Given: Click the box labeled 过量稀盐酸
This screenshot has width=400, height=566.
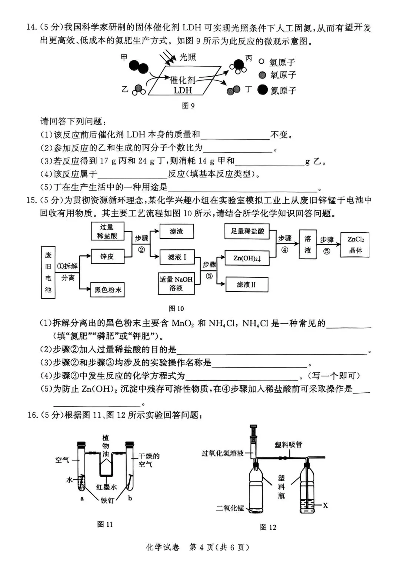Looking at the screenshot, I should pyautogui.click(x=107, y=231).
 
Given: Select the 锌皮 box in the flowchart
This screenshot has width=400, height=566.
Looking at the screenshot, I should pyautogui.click(x=107, y=256).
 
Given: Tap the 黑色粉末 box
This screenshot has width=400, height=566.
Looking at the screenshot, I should pyautogui.click(x=107, y=290).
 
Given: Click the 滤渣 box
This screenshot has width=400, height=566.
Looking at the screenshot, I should pyautogui.click(x=176, y=231).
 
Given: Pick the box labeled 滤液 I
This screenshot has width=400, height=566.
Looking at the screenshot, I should pyautogui.click(x=177, y=257).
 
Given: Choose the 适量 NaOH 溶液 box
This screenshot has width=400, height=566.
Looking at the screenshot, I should pyautogui.click(x=176, y=283).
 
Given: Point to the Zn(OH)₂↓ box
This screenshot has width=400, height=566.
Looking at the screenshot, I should pyautogui.click(x=247, y=258).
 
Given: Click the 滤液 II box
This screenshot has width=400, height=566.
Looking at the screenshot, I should pyautogui.click(x=246, y=284).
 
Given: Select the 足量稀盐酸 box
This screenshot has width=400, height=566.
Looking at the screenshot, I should pyautogui.click(x=247, y=231).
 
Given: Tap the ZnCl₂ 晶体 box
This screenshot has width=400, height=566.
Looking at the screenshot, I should pyautogui.click(x=356, y=245).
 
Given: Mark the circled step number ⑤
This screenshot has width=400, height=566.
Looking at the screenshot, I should pyautogui.click(x=327, y=251).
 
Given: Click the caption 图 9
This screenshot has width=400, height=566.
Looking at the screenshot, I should pyautogui.click(x=188, y=106).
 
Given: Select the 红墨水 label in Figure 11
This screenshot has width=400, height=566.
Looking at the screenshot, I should pyautogui.click(x=107, y=487).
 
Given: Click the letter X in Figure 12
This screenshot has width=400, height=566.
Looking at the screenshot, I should pyautogui.click(x=325, y=505).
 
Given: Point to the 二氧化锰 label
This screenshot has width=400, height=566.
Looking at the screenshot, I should pyautogui.click(x=230, y=508).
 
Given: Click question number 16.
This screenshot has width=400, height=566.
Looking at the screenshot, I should pyautogui.click(x=33, y=415).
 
